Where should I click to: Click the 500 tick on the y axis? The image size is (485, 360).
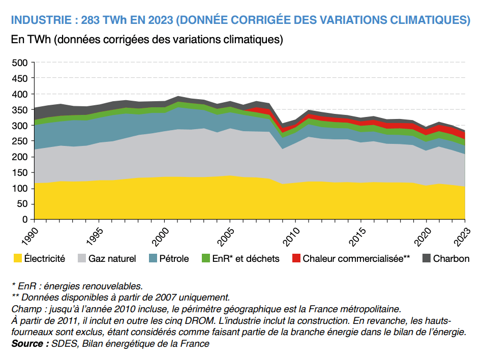[x=19, y=63]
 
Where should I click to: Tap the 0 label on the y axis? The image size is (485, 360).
[x=24, y=220]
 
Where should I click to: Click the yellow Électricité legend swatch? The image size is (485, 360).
[x=18, y=258]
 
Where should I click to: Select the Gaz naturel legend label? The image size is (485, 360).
[x=112, y=258]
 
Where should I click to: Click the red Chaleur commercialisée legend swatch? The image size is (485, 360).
[x=296, y=258]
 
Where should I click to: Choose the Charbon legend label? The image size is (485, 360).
[x=451, y=258]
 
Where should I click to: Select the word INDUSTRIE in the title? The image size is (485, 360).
[x=40, y=20]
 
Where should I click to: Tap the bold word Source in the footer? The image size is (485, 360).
[x=26, y=343]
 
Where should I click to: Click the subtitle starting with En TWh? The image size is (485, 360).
[x=147, y=40]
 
